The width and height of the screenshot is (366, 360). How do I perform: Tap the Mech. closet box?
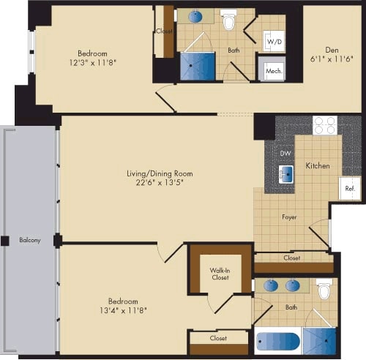point(274,71)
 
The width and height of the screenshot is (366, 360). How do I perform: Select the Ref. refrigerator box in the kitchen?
point(349,187)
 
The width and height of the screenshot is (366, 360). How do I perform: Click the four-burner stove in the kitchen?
point(324,125)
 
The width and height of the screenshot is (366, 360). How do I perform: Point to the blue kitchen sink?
point(286,174)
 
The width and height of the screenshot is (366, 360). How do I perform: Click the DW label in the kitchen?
point(286,153)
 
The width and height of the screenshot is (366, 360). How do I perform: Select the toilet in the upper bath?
point(228,20)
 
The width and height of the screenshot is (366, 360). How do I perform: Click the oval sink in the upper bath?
point(195,16)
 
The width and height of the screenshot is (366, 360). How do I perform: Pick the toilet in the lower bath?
point(324,290)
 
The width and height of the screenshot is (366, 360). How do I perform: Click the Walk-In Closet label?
point(220,273)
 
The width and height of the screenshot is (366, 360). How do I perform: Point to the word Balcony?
point(29,240)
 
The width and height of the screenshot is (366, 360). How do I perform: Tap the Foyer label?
point(289,217)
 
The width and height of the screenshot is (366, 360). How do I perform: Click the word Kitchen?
point(317,166)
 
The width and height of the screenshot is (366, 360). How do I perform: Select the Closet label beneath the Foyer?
point(291,258)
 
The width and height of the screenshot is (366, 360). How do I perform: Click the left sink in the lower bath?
point(271,285)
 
